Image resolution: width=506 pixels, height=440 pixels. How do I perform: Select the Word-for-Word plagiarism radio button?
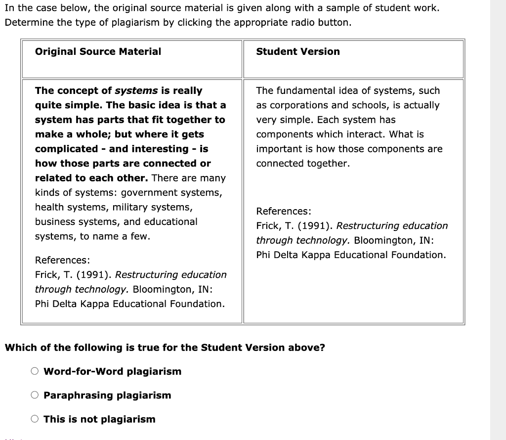pyautogui.click(x=35, y=371)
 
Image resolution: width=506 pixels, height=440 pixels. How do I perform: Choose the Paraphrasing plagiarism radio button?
pyautogui.click(x=35, y=395)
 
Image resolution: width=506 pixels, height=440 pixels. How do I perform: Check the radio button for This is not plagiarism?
pyautogui.click(x=35, y=419)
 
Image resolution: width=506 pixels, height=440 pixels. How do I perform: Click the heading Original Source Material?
pyautogui.click(x=98, y=51)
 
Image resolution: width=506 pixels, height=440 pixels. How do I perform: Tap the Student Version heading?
pyautogui.click(x=298, y=51)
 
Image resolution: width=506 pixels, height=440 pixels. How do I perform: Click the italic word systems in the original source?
pyautogui.click(x=136, y=90)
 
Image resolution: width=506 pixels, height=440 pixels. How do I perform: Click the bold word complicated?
pyautogui.click(x=67, y=149)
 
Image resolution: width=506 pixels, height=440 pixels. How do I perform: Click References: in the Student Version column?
pyautogui.click(x=284, y=211)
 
